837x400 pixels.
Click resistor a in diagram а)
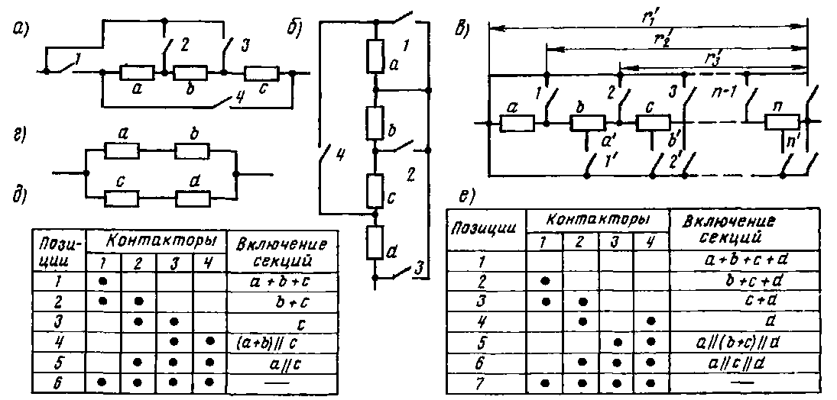pos(138,73)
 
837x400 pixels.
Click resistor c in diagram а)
pos(261,73)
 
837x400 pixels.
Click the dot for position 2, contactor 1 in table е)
pos(544,281)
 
